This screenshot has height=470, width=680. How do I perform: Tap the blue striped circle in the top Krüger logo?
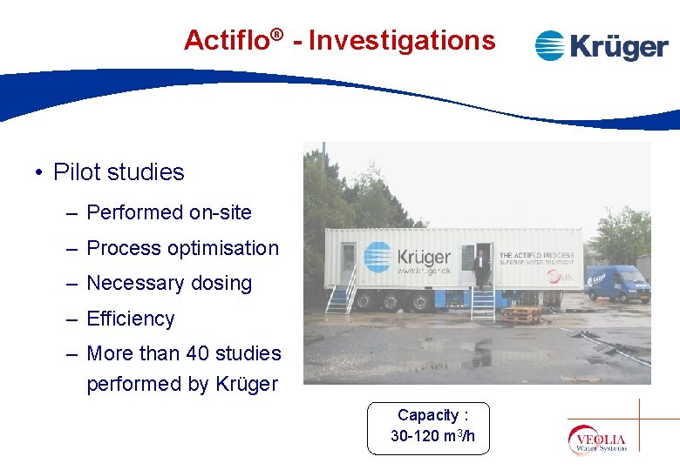(550, 46)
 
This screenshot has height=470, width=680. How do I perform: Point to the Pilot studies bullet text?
(119, 172)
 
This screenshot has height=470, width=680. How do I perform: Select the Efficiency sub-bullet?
(131, 319)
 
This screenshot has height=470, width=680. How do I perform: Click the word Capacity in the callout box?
(428, 415)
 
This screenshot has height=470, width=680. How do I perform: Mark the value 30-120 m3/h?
(432, 436)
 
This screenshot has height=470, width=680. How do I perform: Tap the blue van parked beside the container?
(618, 283)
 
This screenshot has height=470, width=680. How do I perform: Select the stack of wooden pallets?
(521, 313)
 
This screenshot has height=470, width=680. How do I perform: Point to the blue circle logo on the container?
(377, 256)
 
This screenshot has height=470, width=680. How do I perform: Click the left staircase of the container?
(341, 294)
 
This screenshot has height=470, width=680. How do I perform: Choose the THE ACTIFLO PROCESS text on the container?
(536, 255)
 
